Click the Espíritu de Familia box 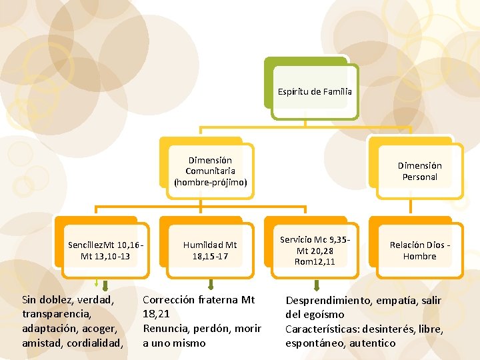pos(315,91)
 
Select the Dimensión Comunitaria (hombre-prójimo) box pos(210,171)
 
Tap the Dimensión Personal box pos(419,171)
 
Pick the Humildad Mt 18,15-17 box pos(210,251)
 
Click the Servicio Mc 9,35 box pos(315,251)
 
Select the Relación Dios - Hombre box pos(419,251)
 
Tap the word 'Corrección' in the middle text pos(169,300)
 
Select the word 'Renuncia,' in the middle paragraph pos(167,329)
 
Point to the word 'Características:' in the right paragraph pos(325,329)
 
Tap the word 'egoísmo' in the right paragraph pos(324,315)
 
